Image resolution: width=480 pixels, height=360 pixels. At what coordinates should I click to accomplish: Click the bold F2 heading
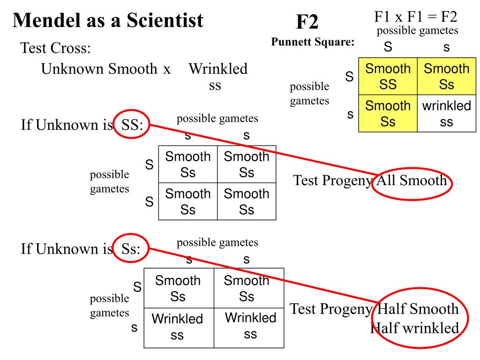tap(307, 22)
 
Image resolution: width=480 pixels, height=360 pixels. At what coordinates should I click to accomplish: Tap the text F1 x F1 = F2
tap(416, 17)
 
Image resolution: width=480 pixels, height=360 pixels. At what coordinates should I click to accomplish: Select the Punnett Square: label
tap(313, 42)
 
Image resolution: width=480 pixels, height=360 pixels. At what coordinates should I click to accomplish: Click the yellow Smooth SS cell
tap(388, 76)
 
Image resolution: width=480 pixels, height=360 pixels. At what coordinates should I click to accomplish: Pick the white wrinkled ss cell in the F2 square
tap(446, 113)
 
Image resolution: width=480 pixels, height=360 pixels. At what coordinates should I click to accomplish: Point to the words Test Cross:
tap(55, 48)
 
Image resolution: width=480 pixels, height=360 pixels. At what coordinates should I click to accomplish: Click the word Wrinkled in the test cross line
tap(218, 69)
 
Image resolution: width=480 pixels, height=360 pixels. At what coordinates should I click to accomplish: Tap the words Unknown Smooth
tap(99, 69)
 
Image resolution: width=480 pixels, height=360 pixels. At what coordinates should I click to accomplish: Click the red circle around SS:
tap(131, 125)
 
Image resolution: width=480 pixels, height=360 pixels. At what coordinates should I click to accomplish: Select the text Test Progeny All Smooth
tap(370, 180)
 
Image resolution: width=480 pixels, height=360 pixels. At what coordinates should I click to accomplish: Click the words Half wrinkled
tap(414, 328)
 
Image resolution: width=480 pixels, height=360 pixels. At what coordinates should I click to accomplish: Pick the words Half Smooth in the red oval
tap(418, 309)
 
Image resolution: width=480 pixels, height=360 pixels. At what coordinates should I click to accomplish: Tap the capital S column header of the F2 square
tap(388, 47)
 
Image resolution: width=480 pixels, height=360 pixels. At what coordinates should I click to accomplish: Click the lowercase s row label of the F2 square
tap(350, 114)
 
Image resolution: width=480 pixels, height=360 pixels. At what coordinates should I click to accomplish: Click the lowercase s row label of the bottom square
tap(134, 328)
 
